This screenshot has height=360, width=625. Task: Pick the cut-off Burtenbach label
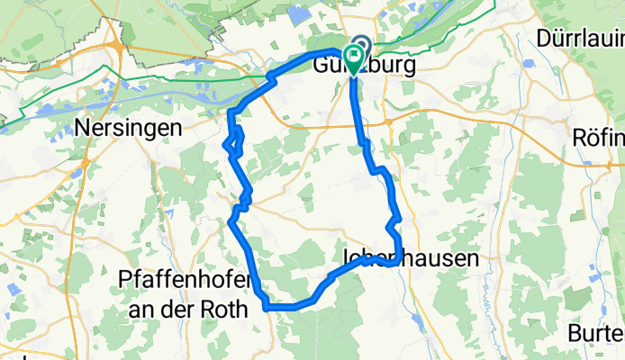[596, 333]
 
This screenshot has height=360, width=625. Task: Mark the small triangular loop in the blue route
[233, 140]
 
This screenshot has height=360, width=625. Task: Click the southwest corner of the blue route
[267, 307]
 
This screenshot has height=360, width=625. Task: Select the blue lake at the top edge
[298, 11]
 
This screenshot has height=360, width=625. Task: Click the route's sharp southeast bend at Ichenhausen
[394, 262]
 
